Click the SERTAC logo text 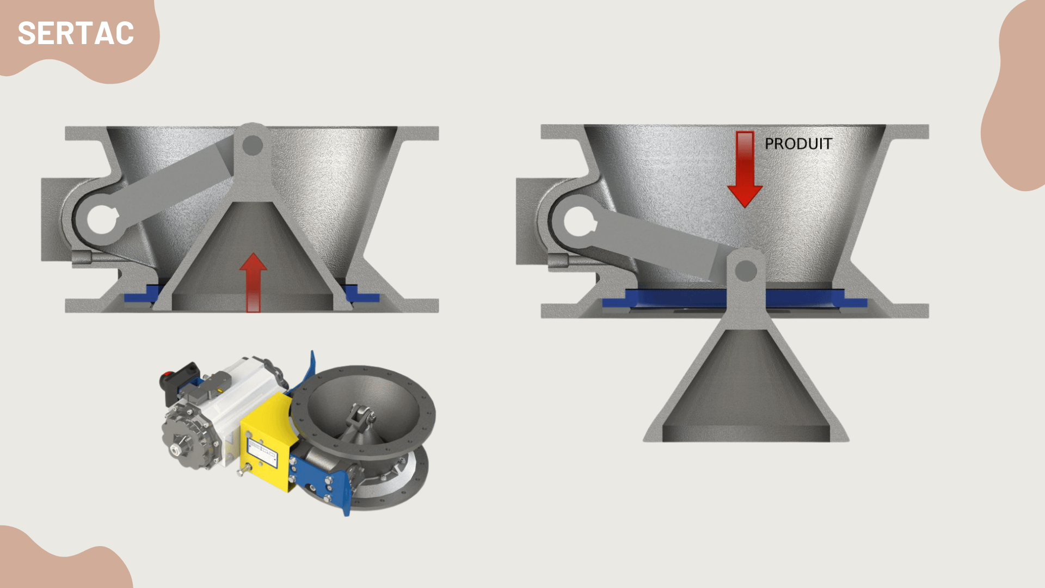pos(76,34)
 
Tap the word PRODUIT pos(798,144)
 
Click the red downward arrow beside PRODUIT pos(745,169)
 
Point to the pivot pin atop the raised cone pos(253,145)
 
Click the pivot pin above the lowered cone pos(746,271)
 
